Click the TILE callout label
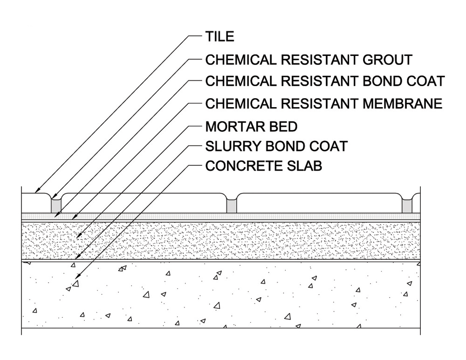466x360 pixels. tap(219, 37)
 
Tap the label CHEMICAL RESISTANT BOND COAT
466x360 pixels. tap(325, 81)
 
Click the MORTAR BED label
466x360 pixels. tap(251, 126)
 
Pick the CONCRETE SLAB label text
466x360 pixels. tap(263, 166)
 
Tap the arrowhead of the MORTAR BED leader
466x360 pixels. tap(78, 238)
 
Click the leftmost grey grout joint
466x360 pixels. tap(56, 205)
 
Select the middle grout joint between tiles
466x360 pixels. tap(231, 205)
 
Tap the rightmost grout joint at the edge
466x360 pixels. tap(407, 205)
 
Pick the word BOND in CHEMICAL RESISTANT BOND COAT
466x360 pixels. tap(379, 81)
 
